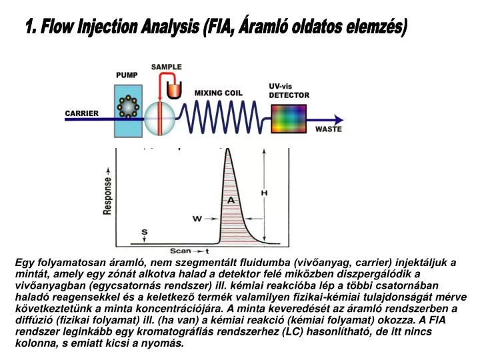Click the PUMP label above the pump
coord(127,75)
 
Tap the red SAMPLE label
coord(166,67)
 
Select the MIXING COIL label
coord(219,93)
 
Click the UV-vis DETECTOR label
coord(289,91)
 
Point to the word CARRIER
coord(81,113)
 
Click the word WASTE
coord(329,129)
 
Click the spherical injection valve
coord(159,119)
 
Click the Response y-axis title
coord(107,195)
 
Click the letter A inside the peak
coord(231,200)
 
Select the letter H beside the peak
coord(264,193)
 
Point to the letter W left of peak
coord(197,218)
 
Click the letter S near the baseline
coord(145,231)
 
